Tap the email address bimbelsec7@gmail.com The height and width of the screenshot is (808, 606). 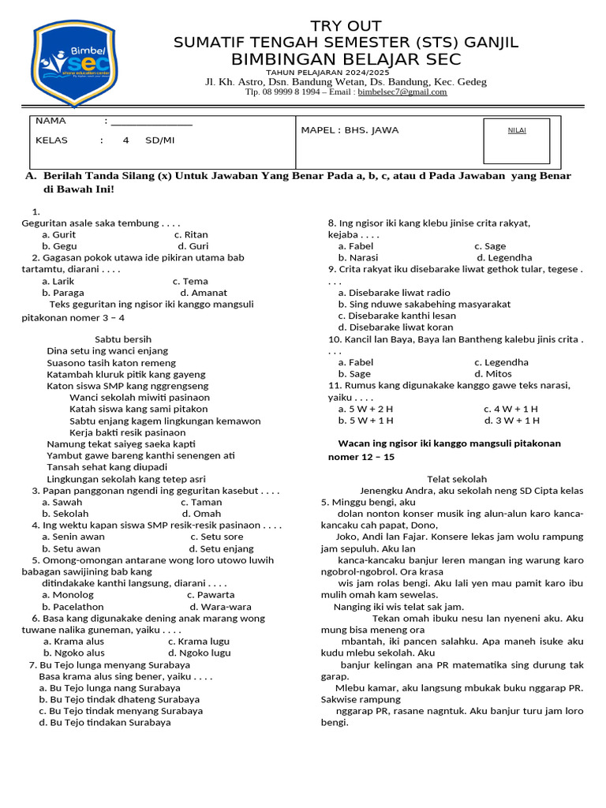coord(402,92)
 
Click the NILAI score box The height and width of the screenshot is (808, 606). coord(517,140)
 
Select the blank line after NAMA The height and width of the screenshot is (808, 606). coord(151,122)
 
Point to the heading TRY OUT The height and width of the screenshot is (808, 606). coord(346,26)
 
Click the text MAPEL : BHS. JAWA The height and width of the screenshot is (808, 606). coord(350,130)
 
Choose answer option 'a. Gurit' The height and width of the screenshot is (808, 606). coord(59,234)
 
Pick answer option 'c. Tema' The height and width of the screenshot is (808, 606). coord(190,281)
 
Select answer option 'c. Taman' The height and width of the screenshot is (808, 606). coord(201,502)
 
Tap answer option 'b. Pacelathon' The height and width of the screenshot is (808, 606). coord(73,607)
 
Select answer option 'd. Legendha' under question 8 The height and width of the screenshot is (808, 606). coord(504,257)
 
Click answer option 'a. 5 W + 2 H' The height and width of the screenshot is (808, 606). coord(365,409)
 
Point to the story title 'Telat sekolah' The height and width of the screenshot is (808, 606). coord(457,479)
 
